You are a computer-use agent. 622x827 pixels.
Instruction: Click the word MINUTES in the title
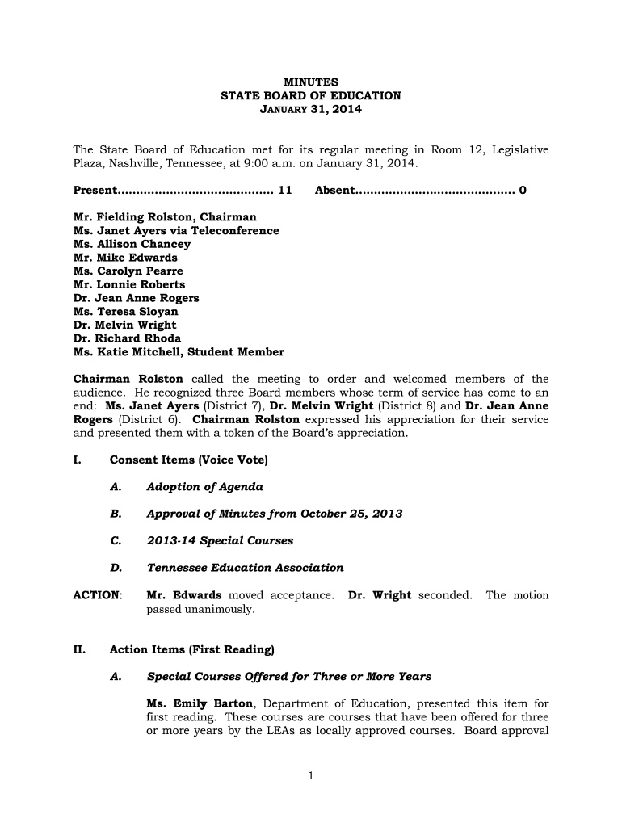[x=310, y=82]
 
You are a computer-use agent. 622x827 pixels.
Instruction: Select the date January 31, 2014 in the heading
[x=310, y=109]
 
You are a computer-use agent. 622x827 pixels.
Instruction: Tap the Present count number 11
[x=284, y=191]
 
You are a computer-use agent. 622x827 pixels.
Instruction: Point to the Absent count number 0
[x=523, y=191]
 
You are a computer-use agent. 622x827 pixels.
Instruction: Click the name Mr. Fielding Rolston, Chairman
[x=165, y=217]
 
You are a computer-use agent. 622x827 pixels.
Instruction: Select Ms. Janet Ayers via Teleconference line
[x=176, y=231]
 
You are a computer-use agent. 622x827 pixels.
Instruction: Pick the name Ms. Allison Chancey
[x=132, y=244]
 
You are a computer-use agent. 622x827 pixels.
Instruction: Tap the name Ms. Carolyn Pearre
[x=128, y=271]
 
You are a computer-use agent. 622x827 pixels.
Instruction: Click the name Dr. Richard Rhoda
[x=127, y=338]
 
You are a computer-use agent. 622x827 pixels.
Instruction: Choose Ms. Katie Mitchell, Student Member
[x=179, y=352]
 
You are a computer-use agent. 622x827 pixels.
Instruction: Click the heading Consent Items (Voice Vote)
[x=188, y=460]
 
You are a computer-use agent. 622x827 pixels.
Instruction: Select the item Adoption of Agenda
[x=204, y=487]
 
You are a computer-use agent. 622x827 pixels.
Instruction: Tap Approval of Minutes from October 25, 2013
[x=274, y=514]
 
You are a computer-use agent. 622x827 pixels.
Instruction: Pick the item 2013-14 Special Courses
[x=220, y=541]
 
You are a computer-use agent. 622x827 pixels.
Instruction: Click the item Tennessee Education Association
[x=245, y=569]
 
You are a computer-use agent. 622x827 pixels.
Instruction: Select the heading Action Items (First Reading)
[x=191, y=649]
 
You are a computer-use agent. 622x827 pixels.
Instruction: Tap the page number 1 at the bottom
[x=311, y=776]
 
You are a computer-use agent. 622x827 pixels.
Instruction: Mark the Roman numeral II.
[x=78, y=649]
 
